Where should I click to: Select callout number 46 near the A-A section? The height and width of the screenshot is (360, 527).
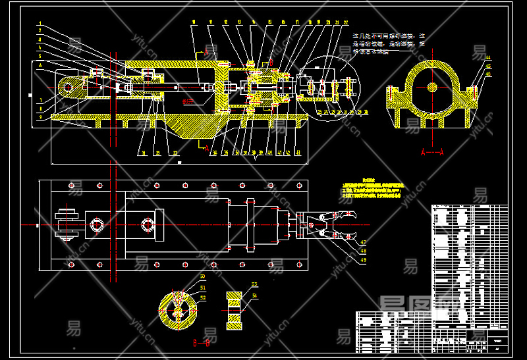tap(488, 74)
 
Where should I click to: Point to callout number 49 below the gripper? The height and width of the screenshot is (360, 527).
tap(363, 259)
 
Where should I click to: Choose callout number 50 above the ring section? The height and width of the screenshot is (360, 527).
tap(202, 276)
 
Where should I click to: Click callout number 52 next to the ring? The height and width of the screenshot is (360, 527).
tap(202, 298)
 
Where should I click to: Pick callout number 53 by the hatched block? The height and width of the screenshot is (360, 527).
tap(254, 284)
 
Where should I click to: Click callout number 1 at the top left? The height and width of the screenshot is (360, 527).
tap(40, 24)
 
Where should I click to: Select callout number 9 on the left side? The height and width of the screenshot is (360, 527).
tap(40, 116)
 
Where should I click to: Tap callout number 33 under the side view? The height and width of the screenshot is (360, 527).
tap(175, 153)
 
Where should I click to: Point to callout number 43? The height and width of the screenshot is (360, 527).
tap(298, 153)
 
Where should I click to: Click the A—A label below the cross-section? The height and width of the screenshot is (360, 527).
tap(431, 151)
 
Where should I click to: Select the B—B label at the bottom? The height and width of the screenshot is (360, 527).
tap(202, 342)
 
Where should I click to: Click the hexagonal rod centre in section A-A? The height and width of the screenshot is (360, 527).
tap(432, 86)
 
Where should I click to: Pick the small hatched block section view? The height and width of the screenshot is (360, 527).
tap(235, 309)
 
